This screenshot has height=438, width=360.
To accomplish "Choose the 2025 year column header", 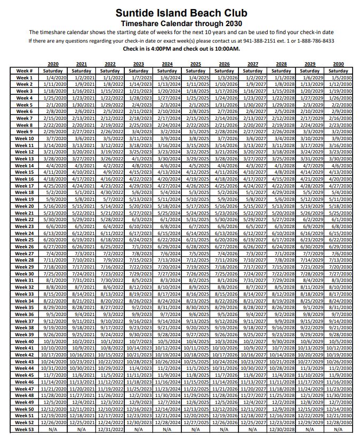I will tap(196, 64).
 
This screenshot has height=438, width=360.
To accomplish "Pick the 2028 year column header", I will tap(281, 64).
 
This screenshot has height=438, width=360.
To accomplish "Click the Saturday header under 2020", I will tap(53, 71).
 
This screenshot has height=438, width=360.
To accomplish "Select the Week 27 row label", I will tap(24, 254).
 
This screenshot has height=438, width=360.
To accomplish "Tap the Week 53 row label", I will tap(24, 429).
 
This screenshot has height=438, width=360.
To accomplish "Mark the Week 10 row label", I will tap(24, 139).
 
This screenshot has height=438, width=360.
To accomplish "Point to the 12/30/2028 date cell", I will tap(281, 429).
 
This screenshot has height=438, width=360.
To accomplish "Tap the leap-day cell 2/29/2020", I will tap(53, 132).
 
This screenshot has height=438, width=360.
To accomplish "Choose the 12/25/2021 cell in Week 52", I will tap(81, 423).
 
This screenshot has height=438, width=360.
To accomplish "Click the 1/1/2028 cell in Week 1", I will tap(282, 78).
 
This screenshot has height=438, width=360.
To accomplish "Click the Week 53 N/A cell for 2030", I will tap(338, 429).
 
